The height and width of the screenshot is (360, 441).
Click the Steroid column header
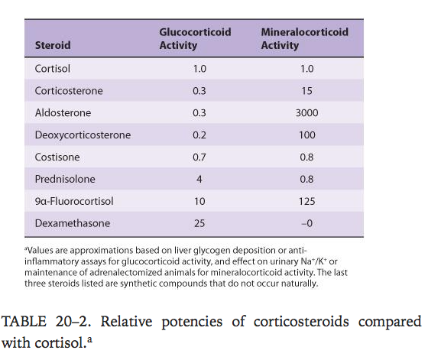click(x=53, y=45)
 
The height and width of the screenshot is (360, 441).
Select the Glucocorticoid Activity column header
click(x=195, y=38)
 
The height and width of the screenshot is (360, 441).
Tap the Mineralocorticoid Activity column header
click(x=305, y=38)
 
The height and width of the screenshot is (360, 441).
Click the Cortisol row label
click(x=52, y=69)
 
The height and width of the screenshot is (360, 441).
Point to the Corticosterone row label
click(x=69, y=91)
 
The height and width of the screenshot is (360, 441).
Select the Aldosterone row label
click(x=63, y=113)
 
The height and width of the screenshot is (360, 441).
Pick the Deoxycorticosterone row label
click(x=83, y=135)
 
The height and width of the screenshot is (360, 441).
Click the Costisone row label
click(x=57, y=157)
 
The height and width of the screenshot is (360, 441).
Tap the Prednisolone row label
click(x=65, y=179)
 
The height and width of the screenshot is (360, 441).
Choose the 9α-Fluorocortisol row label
click(x=74, y=201)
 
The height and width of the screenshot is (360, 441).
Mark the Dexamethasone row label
click(x=73, y=223)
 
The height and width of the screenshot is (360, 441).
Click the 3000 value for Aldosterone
click(x=306, y=113)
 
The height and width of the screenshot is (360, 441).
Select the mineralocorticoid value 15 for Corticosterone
click(x=306, y=91)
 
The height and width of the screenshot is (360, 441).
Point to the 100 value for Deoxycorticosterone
click(x=306, y=135)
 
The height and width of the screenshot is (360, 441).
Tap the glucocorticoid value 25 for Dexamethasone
click(x=199, y=223)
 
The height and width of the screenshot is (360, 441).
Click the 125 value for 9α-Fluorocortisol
click(x=306, y=201)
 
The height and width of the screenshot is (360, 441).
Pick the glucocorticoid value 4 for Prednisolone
click(x=199, y=179)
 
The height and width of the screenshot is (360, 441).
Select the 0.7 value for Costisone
click(x=199, y=157)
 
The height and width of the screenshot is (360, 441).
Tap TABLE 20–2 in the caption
click(x=46, y=322)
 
